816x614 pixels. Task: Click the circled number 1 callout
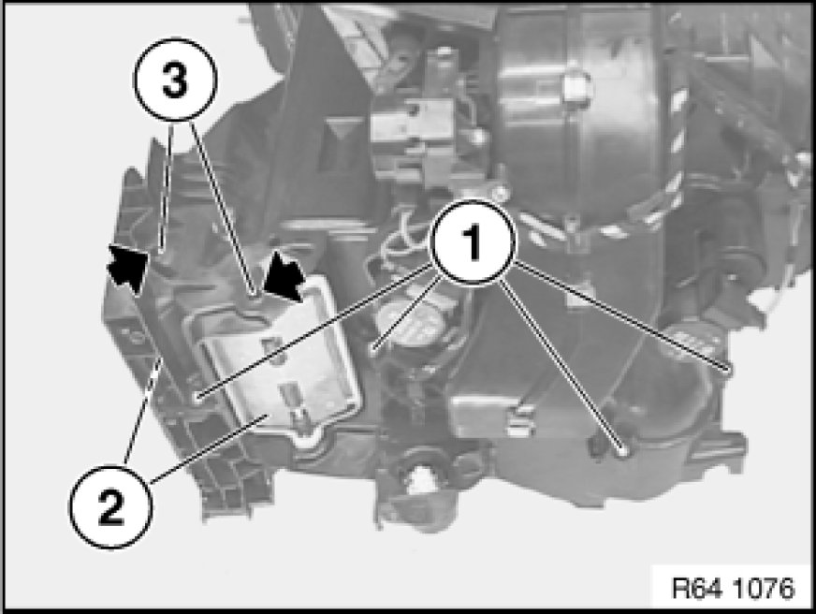(x=473, y=242)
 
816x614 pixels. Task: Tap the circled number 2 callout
(x=110, y=506)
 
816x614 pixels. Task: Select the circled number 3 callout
(x=175, y=80)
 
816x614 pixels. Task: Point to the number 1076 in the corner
(x=764, y=589)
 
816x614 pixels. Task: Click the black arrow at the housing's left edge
(x=127, y=268)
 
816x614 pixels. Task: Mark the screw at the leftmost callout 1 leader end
(x=197, y=399)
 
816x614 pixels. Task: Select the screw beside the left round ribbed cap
(x=374, y=347)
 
